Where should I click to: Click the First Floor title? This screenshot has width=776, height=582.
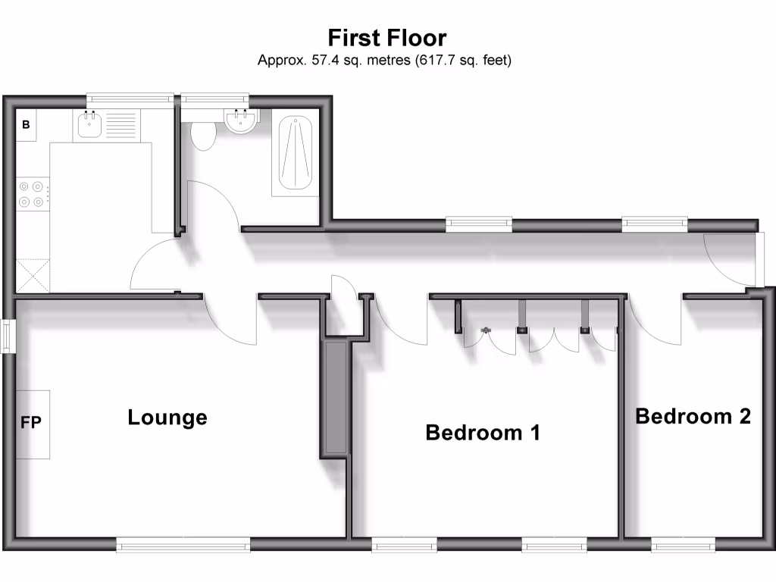click(x=386, y=37)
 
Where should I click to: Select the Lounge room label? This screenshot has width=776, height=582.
click(x=167, y=418)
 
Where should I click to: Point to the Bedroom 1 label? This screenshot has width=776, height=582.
click(x=483, y=433)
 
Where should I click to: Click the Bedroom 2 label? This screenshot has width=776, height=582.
click(x=693, y=416)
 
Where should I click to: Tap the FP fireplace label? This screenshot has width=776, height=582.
click(x=31, y=423)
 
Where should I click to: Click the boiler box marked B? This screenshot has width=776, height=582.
click(x=26, y=125)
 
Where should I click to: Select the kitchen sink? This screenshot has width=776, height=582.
click(x=90, y=125)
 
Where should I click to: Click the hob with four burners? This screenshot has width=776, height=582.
click(x=32, y=193)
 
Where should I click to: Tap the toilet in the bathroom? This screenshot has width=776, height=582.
click(x=203, y=135)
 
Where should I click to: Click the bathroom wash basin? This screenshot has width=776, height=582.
click(x=242, y=120)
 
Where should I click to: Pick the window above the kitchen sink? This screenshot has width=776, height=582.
click(x=129, y=98)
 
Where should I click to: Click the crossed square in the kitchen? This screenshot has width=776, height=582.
click(x=33, y=275)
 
